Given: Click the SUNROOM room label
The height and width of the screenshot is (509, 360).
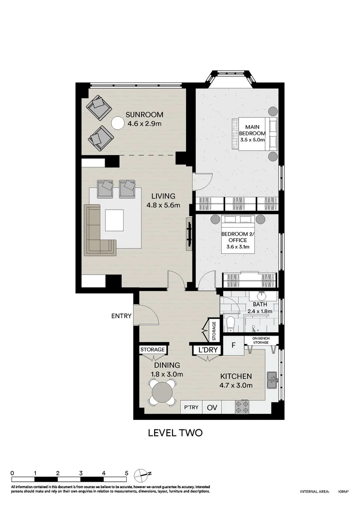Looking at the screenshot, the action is [145, 115].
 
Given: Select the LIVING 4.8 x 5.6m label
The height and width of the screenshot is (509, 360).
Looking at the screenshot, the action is [164, 201].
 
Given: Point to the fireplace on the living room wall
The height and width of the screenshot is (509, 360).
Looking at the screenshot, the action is [189, 234].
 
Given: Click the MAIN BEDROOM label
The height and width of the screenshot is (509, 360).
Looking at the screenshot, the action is [253, 133].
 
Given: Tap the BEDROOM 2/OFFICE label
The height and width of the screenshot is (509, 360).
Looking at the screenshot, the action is [238, 240].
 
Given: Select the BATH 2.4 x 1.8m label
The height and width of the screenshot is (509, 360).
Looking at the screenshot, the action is [260, 308].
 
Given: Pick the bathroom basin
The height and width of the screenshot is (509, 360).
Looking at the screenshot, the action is [261, 296].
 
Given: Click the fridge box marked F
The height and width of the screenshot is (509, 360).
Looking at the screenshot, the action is [233, 345].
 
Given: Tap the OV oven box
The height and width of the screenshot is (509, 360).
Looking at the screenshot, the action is [212, 407].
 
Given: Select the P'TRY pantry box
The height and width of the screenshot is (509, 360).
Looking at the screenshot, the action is [191, 407].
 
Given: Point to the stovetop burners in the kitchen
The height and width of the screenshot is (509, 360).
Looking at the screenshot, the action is [242, 407].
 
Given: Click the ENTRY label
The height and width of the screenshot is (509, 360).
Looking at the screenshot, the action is [121, 315].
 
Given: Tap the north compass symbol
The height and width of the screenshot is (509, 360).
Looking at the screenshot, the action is [141, 475].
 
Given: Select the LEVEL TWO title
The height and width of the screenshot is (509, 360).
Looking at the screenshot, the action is [175, 433].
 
